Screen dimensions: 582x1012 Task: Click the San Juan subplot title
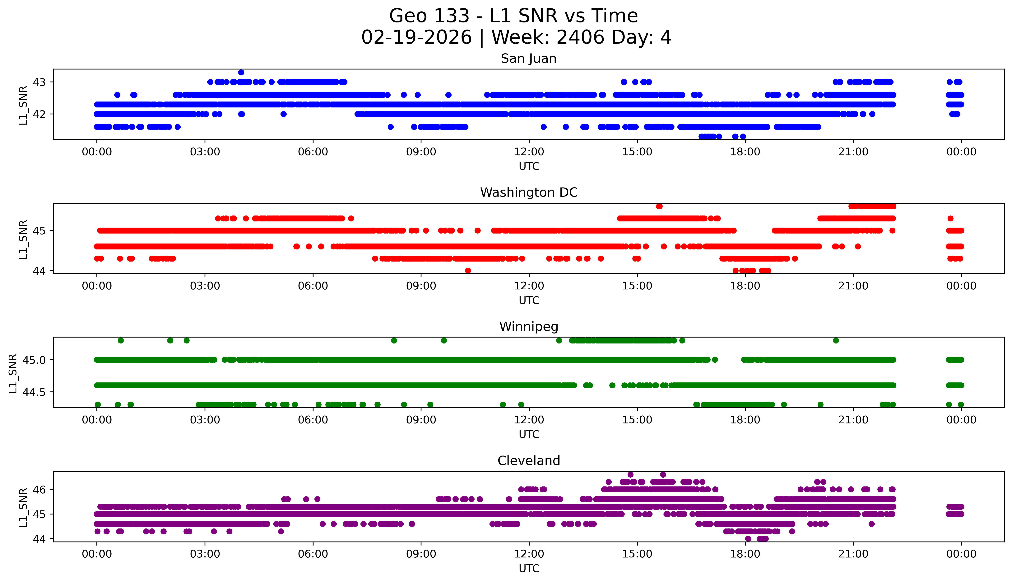pos(528,59)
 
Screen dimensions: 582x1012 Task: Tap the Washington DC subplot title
pos(528,193)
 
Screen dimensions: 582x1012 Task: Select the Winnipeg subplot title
pos(528,327)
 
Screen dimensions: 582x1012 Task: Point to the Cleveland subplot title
pos(528,461)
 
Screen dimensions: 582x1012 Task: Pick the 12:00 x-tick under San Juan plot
pos(529,152)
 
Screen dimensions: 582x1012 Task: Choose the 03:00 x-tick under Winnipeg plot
pos(205,420)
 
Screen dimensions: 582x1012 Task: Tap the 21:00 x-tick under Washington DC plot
pos(853,286)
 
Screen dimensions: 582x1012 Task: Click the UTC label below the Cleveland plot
pos(529,568)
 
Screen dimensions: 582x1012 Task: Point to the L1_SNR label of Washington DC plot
pos(23,239)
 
